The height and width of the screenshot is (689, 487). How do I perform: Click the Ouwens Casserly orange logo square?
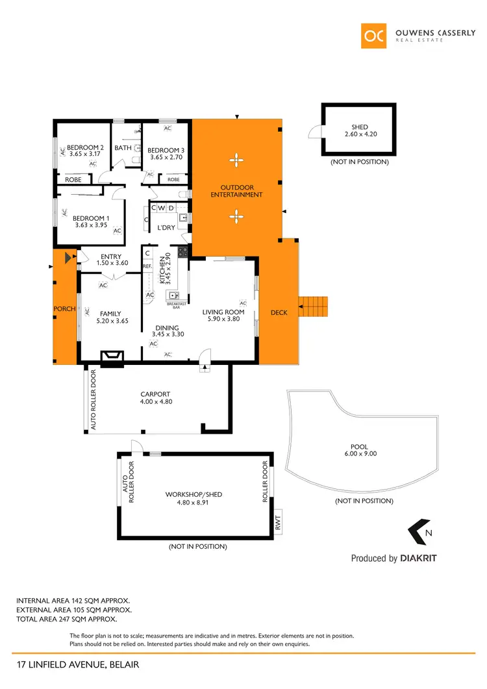374,36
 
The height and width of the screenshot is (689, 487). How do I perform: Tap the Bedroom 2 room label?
85,147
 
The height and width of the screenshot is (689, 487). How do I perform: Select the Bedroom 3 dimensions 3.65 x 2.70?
166,157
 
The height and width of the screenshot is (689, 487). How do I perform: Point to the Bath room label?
123,148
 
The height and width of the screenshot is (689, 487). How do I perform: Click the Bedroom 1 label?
90,218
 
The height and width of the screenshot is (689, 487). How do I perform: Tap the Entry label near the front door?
112,256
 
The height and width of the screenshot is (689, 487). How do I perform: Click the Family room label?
110,314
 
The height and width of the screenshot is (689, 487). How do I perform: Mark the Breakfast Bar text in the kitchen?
177,305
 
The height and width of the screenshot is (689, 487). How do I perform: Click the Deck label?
279,313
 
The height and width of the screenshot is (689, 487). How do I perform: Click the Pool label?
359,447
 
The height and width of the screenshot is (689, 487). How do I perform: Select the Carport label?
155,394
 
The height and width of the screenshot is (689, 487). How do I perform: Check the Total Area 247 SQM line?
73,620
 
